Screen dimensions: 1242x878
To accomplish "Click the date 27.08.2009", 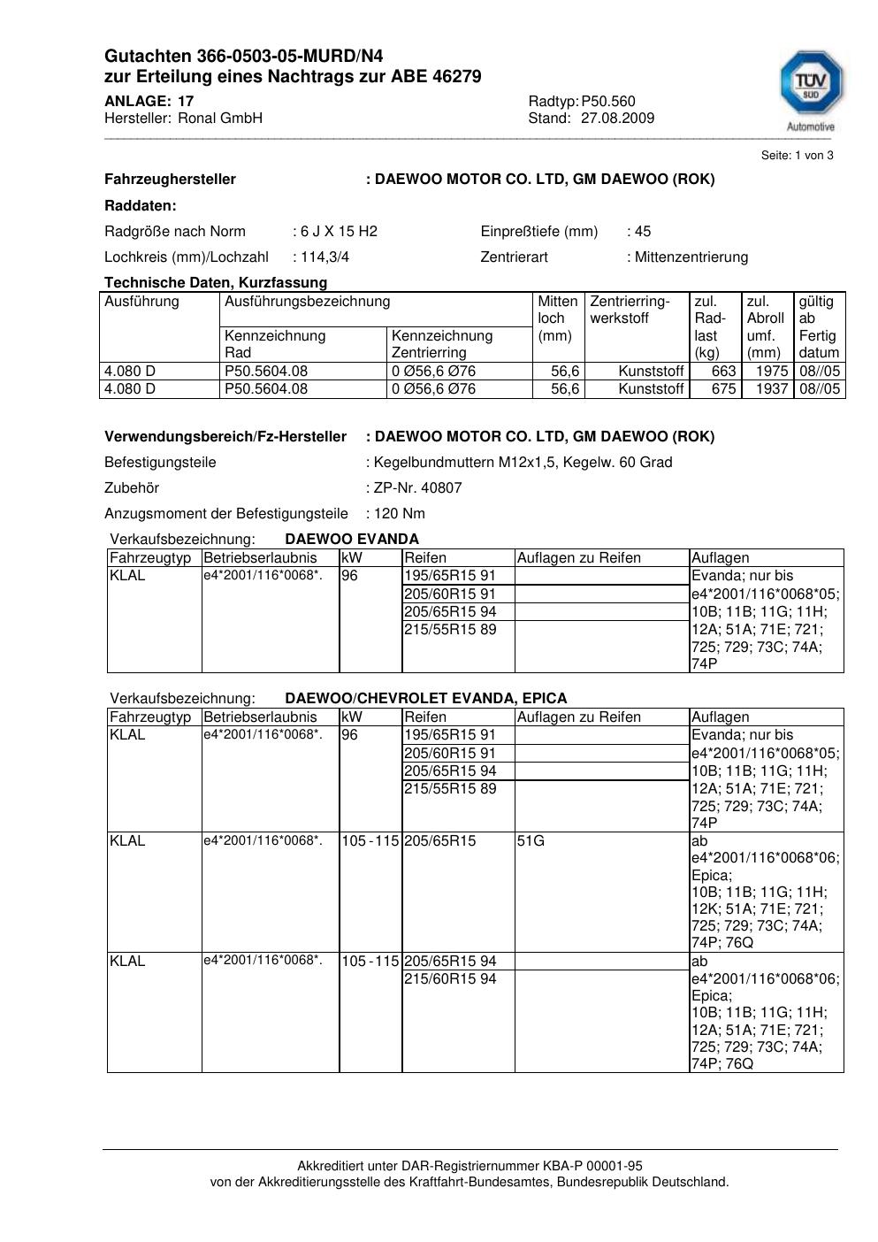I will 617,118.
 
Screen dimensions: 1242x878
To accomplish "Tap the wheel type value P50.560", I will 608,101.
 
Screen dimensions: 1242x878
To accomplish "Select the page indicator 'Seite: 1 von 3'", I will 797,155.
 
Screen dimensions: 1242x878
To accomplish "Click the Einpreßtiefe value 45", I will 643,231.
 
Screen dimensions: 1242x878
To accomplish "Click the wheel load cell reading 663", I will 723,371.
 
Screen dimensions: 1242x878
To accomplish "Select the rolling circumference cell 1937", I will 771,388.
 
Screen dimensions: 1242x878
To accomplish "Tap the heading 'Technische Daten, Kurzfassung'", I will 216,282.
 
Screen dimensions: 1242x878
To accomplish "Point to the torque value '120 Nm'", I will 400,513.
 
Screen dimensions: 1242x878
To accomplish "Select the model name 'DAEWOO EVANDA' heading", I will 352,539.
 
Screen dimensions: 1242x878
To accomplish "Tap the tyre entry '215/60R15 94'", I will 450,978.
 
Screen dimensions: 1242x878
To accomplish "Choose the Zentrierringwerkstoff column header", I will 630,310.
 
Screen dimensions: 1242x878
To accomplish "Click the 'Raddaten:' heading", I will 141,205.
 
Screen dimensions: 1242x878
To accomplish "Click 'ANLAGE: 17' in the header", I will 149,101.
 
